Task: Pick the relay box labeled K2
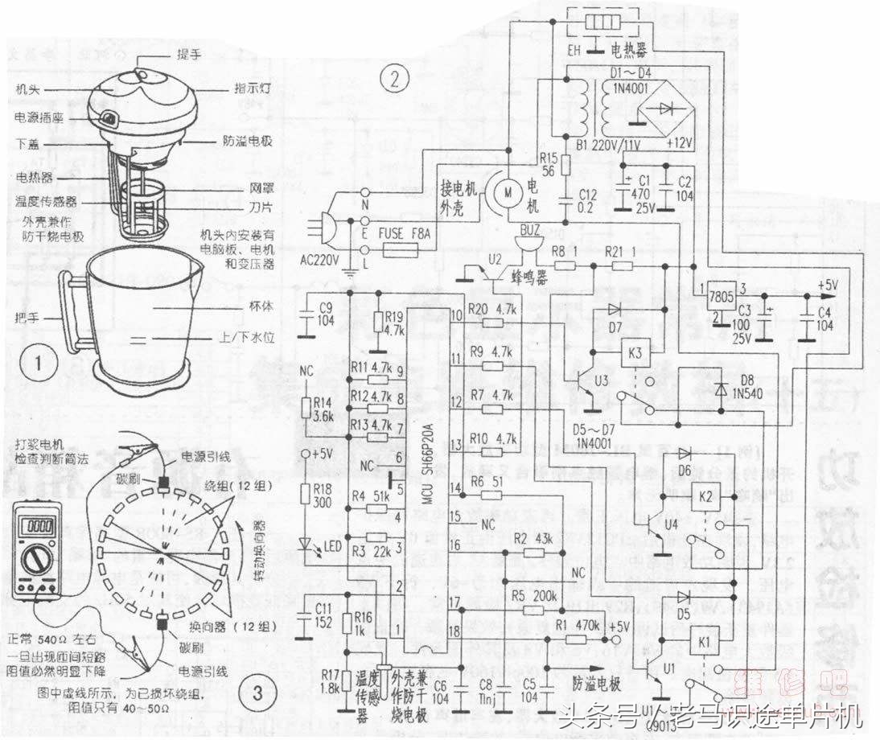[705, 495]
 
